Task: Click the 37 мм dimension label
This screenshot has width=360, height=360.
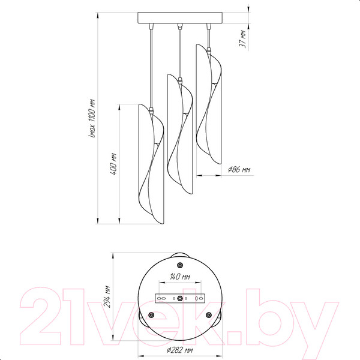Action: pos(243,39)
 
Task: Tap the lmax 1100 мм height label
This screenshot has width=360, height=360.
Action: pos(92,118)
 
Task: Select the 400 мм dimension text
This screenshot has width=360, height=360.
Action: pos(113,164)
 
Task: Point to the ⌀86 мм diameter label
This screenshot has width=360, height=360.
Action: pos(239,170)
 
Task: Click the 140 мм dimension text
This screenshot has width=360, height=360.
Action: pos(180,277)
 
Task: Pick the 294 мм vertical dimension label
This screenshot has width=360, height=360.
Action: pos(107,296)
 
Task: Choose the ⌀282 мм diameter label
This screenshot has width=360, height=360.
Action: pos(180,350)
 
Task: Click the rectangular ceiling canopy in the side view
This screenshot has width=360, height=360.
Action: pos(180,18)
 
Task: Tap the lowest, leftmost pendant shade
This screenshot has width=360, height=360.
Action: pos(151,164)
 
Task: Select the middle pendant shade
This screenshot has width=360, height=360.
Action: pos(180,134)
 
